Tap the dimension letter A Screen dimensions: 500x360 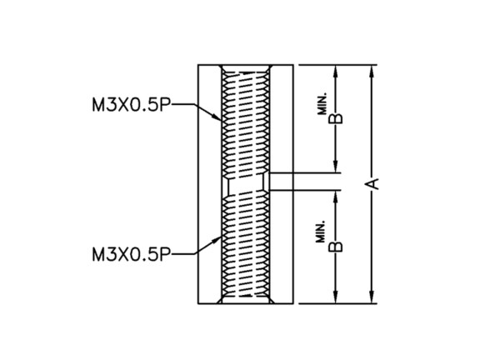372,183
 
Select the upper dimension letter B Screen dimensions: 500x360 336,118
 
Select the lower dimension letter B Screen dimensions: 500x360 336,247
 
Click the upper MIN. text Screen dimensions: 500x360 322,103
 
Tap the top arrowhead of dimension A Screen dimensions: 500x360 371,71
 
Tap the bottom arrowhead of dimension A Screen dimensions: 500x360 371,297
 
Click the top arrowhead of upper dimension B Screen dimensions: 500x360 335,71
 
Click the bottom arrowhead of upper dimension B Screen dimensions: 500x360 335,167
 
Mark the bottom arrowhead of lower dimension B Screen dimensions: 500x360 335,297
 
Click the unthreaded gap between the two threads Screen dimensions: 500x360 246,184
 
